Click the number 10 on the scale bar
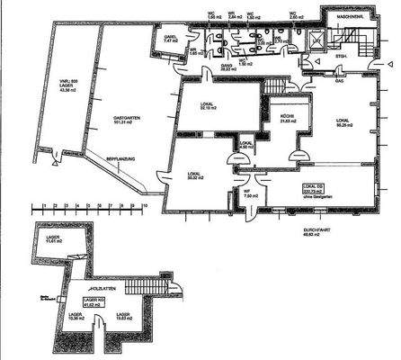(x=143, y=204)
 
